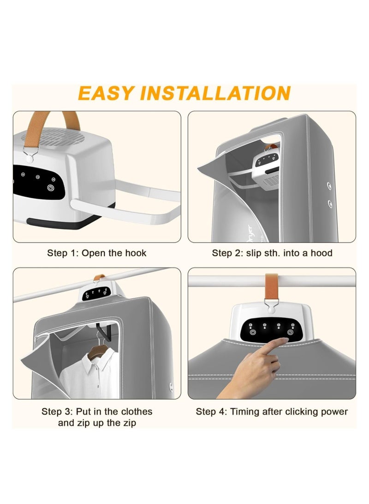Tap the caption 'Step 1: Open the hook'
coord(96,253)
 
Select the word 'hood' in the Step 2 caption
coord(322,253)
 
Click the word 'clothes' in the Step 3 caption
coord(134,411)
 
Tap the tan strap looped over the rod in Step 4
coord(272,286)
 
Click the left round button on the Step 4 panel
coord(252,332)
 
